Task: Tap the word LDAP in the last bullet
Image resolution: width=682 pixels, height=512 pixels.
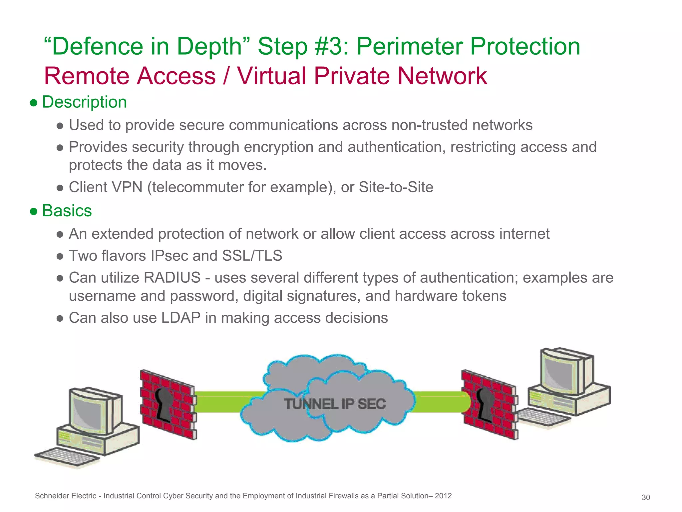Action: click(181, 318)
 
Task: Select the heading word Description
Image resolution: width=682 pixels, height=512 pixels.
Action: click(84, 102)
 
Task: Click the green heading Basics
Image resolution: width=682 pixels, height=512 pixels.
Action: click(67, 211)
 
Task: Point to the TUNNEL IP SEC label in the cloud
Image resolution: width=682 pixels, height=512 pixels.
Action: click(335, 404)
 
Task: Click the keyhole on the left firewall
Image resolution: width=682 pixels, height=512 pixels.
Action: click(164, 404)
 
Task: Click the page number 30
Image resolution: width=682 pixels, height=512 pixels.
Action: click(646, 498)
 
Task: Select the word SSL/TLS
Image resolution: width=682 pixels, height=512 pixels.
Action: click(252, 256)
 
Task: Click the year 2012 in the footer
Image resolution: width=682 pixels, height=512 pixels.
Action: click(443, 496)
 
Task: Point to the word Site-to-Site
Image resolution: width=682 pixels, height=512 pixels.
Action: click(396, 187)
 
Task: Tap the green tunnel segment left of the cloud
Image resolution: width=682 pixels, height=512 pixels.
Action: click(230, 402)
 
